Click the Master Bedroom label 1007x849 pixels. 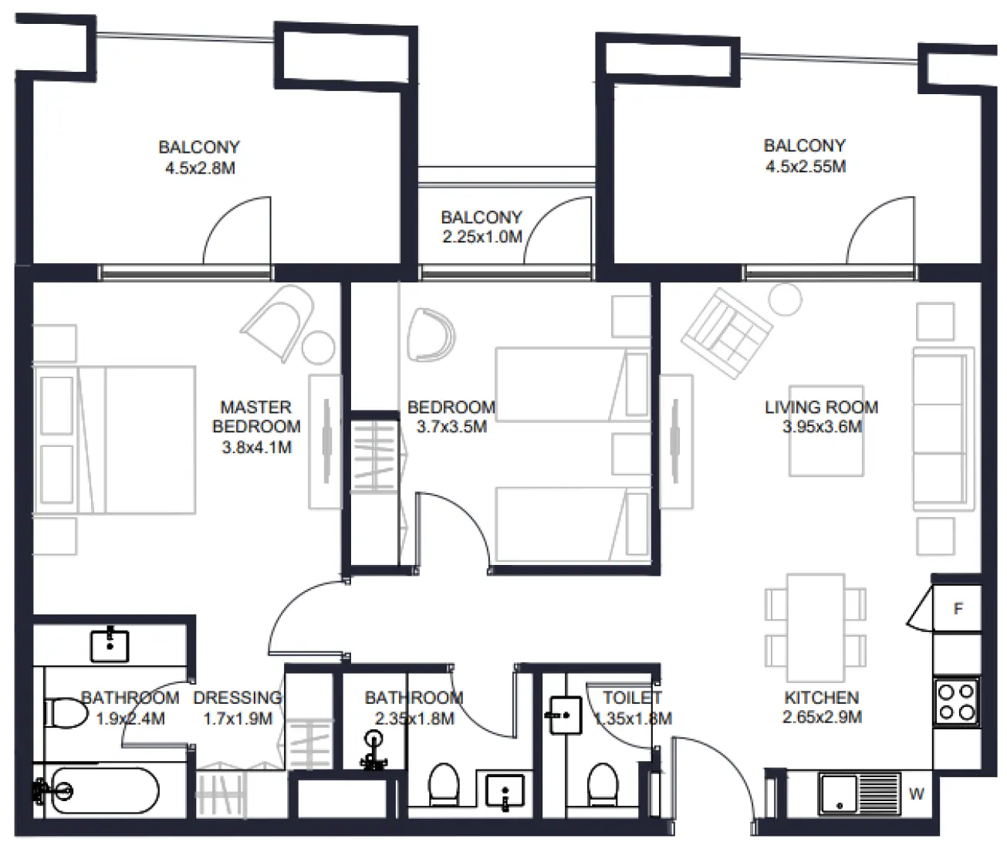click(x=256, y=417)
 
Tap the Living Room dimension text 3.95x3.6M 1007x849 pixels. click(x=822, y=427)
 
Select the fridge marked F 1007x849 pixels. click(x=958, y=609)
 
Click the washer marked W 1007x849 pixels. click(x=916, y=794)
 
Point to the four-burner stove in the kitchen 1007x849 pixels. click(x=957, y=701)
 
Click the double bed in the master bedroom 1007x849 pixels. click(x=116, y=440)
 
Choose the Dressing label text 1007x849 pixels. click(x=237, y=698)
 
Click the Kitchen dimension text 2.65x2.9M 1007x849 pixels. click(x=822, y=717)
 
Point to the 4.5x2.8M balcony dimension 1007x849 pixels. click(x=199, y=167)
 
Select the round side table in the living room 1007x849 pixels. click(x=786, y=299)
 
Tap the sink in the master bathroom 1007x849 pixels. click(x=110, y=645)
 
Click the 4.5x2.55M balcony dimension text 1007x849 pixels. click(x=805, y=166)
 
